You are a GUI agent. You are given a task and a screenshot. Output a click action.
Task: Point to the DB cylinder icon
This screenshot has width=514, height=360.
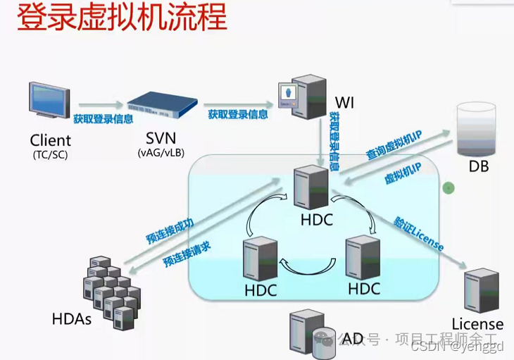coord(477,130)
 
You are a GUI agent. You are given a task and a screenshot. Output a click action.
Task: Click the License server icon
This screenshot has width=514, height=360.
coord(479,288)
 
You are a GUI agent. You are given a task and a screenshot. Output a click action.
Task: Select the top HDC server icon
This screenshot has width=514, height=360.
coord(312,187)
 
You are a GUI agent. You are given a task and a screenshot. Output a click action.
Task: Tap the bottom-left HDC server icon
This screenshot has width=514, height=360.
coord(258,259)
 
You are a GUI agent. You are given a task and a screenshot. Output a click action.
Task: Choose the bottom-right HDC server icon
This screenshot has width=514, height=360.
coord(362,257)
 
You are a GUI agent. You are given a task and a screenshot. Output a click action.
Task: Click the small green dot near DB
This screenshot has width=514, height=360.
coord(448,187)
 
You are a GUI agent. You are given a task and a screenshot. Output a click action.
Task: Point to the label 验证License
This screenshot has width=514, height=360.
coord(420,233)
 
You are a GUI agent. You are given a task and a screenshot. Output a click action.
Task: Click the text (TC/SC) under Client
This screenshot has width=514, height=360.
coord(50,153)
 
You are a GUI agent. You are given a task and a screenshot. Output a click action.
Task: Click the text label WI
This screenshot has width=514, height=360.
coord(344,104)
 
